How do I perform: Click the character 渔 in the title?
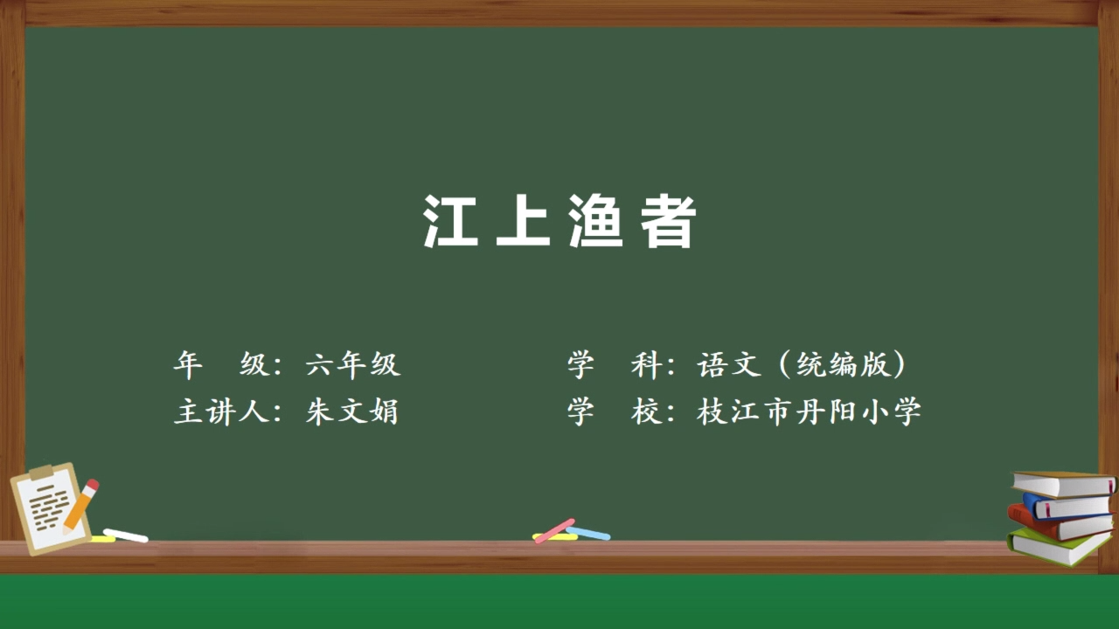point(596,221)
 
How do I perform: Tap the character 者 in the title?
point(668,221)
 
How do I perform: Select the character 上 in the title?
point(523,221)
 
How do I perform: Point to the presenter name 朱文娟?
point(352,411)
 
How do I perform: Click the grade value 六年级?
point(352,364)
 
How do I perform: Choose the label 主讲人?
point(222,411)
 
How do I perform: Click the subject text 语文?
point(729,364)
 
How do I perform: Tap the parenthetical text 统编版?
point(842,364)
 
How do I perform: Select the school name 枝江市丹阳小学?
point(809,411)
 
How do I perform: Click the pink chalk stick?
point(554,530)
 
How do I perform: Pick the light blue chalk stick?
point(588,533)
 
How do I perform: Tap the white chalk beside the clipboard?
point(126,536)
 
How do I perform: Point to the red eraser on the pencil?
point(93,485)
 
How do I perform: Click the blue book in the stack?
point(1067,505)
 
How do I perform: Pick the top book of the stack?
point(1063,484)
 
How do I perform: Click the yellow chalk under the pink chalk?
point(555,537)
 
